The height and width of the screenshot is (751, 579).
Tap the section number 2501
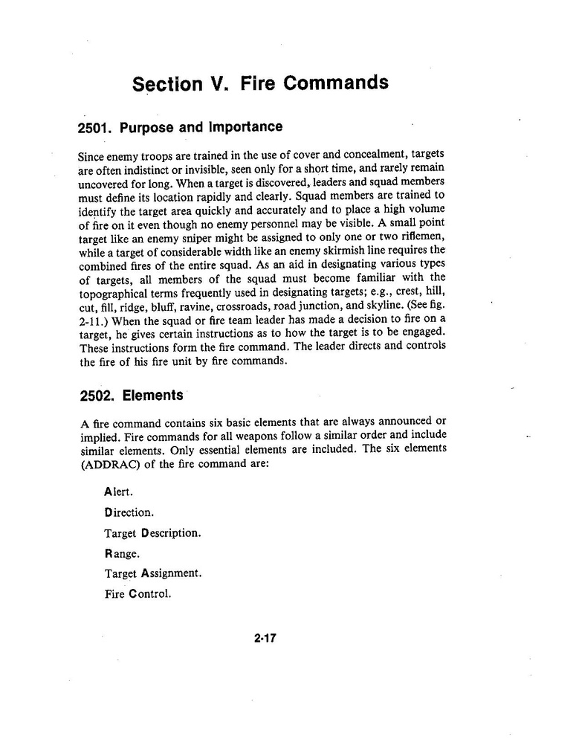[94, 127]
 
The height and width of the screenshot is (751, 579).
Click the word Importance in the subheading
[245, 127]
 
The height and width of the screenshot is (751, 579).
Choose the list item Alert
[119, 492]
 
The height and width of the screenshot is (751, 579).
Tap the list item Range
[122, 553]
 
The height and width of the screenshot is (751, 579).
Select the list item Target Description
[152, 533]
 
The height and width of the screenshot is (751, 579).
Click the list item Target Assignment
[152, 573]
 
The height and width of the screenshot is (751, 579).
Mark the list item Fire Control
[138, 593]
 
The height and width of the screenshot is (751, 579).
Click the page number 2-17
[265, 637]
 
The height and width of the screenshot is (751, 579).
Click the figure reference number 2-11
[94, 319]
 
